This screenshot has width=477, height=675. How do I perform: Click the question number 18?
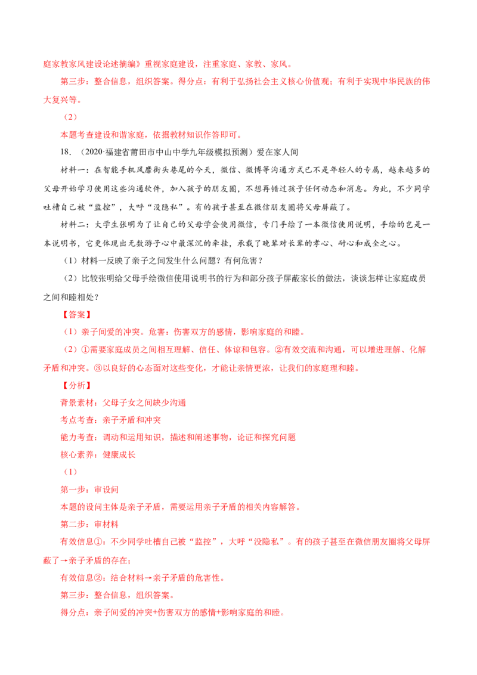[x=65, y=152]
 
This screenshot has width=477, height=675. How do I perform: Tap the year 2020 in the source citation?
[x=93, y=152]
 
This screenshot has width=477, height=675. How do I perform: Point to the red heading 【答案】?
[x=77, y=315]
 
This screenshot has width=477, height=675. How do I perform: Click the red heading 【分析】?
[x=77, y=385]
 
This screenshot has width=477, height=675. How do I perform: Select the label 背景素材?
[x=77, y=402]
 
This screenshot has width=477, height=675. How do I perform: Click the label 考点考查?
[x=77, y=420]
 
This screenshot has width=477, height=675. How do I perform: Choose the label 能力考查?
[x=77, y=437]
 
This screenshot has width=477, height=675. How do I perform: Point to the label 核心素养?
[x=77, y=454]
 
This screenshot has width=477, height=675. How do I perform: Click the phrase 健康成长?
[x=119, y=454]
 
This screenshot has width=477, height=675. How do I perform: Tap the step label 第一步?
[x=73, y=490]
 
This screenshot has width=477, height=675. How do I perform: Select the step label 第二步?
[x=73, y=524]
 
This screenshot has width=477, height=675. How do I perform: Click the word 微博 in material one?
[x=253, y=170]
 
